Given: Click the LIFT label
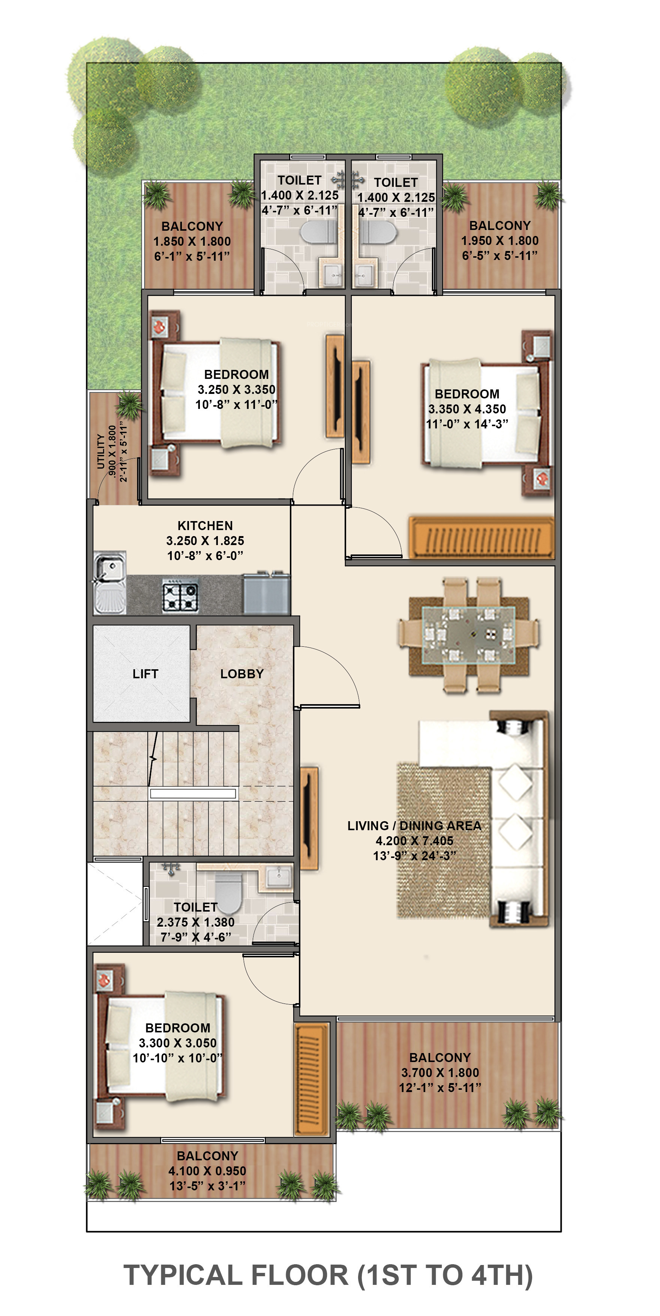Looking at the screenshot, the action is coord(145,674).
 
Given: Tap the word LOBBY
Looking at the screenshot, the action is coord(241,674).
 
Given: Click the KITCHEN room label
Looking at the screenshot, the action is coord(205,526).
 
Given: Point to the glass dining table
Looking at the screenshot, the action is coord(468,635).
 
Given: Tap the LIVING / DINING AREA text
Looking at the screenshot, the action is coord(414,826).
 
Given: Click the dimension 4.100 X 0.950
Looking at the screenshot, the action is coord(207,1170).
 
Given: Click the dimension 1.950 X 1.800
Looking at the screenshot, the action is coord(499,240).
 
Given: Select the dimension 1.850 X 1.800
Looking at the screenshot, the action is coord(192,241).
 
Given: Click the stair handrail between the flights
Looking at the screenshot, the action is coord(193,793).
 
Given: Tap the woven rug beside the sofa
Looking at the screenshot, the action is coord(443,840).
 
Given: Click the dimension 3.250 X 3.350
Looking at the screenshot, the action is coord(237,389).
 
